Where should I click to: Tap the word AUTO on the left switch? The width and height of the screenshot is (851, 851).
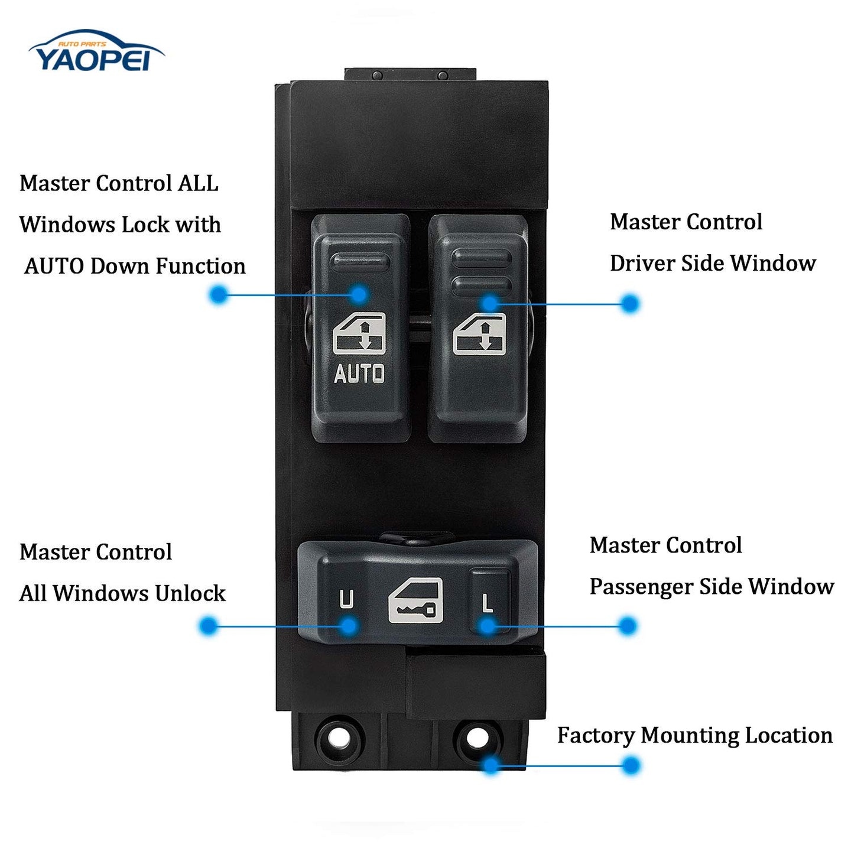(x=359, y=373)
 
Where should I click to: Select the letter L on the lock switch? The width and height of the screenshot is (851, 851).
(x=488, y=603)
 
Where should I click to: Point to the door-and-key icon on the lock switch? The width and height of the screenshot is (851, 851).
(x=416, y=600)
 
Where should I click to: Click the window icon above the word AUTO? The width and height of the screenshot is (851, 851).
(x=359, y=334)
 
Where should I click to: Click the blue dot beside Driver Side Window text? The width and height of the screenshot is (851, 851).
(x=630, y=304)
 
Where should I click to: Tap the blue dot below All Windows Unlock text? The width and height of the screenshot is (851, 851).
(x=209, y=625)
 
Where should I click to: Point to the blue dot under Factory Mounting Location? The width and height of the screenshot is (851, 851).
(x=631, y=765)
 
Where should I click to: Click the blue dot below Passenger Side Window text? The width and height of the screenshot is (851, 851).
(x=628, y=625)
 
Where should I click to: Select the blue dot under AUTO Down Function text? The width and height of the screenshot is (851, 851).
(x=219, y=294)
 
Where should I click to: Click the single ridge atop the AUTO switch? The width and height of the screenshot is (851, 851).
(x=360, y=261)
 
